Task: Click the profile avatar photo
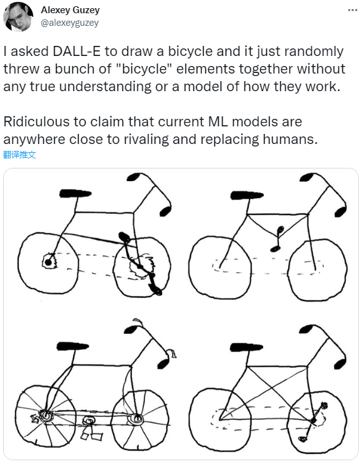click(18, 16)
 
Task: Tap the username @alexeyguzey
click(70, 23)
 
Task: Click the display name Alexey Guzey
click(70, 10)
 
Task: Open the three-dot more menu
click(352, 10)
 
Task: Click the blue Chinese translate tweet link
click(19, 155)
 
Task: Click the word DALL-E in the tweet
click(76, 51)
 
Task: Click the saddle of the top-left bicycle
click(75, 194)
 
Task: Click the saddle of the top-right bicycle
click(247, 196)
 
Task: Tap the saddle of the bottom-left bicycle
click(72, 346)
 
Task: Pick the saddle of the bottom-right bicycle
click(246, 347)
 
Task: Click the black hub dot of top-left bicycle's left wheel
click(48, 262)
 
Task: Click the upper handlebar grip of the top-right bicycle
click(307, 177)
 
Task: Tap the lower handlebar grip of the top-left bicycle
click(165, 211)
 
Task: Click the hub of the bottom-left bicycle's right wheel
click(136, 419)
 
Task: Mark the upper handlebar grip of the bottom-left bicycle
click(131, 329)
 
